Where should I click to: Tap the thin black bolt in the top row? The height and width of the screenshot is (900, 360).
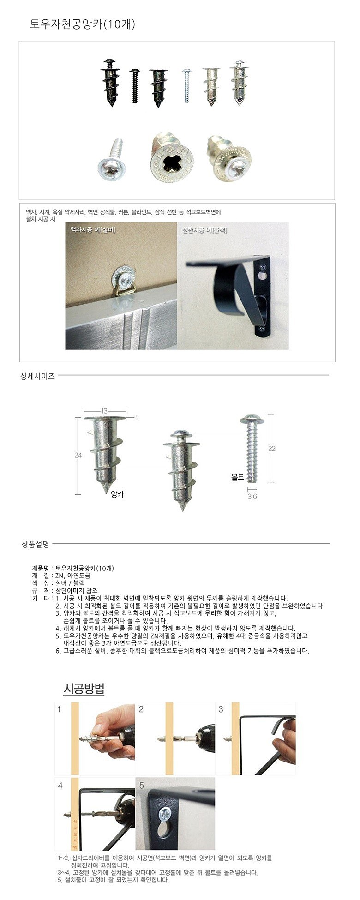coord(135,85)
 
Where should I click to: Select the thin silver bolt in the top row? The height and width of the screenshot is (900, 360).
coord(186,85)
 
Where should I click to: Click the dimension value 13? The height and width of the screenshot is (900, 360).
coord(104,411)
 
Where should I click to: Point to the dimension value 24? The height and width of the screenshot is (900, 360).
coord(78,455)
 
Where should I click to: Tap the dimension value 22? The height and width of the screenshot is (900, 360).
coord(272,448)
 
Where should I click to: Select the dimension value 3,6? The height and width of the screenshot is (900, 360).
coord(252,497)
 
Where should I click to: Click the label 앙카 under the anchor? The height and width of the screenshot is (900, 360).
coord(118,494)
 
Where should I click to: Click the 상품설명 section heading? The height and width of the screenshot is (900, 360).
coord(35,544)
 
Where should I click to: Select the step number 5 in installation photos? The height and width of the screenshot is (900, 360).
coord(141,785)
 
